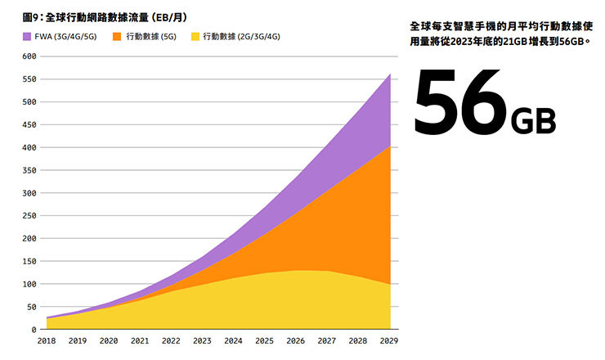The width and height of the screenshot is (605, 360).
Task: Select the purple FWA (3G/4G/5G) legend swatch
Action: click(x=26, y=36)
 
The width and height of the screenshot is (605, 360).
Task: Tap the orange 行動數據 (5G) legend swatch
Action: click(x=116, y=36)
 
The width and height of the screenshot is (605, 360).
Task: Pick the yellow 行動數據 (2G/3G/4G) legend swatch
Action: click(x=195, y=36)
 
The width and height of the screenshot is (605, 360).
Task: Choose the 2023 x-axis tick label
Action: click(x=201, y=340)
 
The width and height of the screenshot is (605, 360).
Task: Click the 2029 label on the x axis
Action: click(x=390, y=340)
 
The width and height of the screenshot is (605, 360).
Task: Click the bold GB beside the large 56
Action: click(x=533, y=120)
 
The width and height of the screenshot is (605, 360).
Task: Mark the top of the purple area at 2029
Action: click(x=390, y=74)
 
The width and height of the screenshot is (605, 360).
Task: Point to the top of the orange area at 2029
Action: click(x=390, y=147)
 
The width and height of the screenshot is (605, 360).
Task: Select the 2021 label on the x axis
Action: click(x=140, y=340)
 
